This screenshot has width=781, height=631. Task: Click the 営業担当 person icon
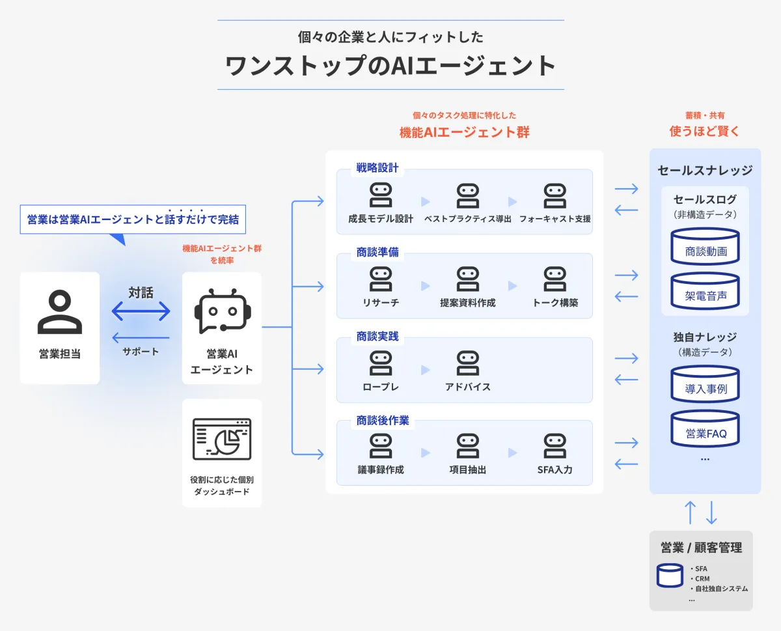pyautogui.click(x=60, y=313)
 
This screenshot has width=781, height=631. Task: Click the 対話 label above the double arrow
pyautogui.click(x=141, y=293)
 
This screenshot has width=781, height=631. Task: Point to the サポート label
pyautogui.click(x=141, y=352)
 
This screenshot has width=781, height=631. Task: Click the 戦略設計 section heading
pyautogui.click(x=377, y=167)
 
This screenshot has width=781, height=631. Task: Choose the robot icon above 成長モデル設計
pyautogui.click(x=381, y=195)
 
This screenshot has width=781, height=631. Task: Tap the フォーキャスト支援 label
pyautogui.click(x=555, y=219)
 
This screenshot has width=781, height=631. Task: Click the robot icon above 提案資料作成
pyautogui.click(x=468, y=279)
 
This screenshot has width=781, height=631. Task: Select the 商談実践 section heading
pyautogui.click(x=377, y=337)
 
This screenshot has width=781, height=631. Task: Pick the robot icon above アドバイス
pyautogui.click(x=468, y=363)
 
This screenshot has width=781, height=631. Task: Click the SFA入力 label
pyautogui.click(x=555, y=470)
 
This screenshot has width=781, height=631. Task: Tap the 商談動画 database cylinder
pyautogui.click(x=706, y=245)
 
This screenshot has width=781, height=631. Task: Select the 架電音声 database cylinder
pyautogui.click(x=706, y=290)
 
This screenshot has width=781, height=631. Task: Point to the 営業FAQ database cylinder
pyautogui.click(x=706, y=428)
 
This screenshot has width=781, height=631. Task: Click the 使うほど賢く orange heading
pyautogui.click(x=705, y=132)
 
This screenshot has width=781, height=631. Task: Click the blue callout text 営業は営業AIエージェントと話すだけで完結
pyautogui.click(x=133, y=219)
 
